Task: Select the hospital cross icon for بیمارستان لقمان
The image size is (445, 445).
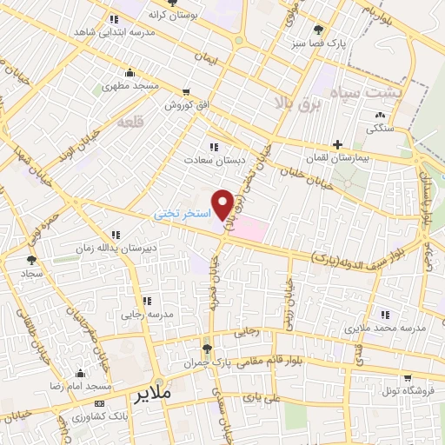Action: [x=337, y=144]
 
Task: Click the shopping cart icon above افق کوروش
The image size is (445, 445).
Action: [x=185, y=91]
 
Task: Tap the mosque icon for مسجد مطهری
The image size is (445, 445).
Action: [x=130, y=72]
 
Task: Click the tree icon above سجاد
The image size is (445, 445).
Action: [x=32, y=259]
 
